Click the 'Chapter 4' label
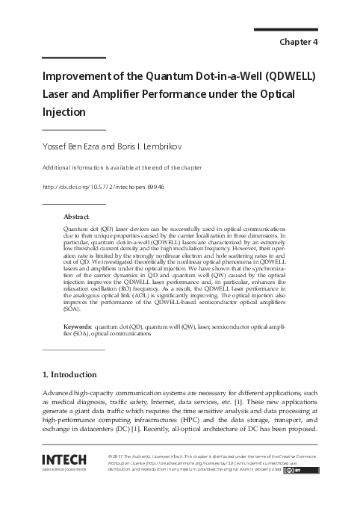tap(297, 42)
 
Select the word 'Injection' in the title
tap(64, 112)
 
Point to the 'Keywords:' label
tap(78, 326)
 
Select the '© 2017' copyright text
tap(118, 455)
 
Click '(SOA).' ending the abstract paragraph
tap(72, 309)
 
